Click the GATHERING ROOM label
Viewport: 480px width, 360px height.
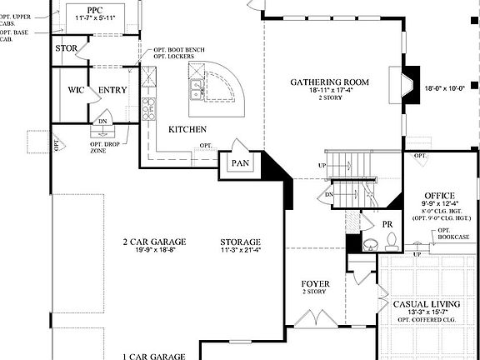click(329, 82)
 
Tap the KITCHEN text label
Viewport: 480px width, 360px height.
click(187, 130)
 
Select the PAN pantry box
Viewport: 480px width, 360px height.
click(241, 163)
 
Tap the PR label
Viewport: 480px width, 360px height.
click(387, 225)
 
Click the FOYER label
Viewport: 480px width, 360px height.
click(316, 284)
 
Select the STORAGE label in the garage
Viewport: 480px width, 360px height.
click(241, 242)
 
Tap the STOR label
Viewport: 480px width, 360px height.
click(67, 48)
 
